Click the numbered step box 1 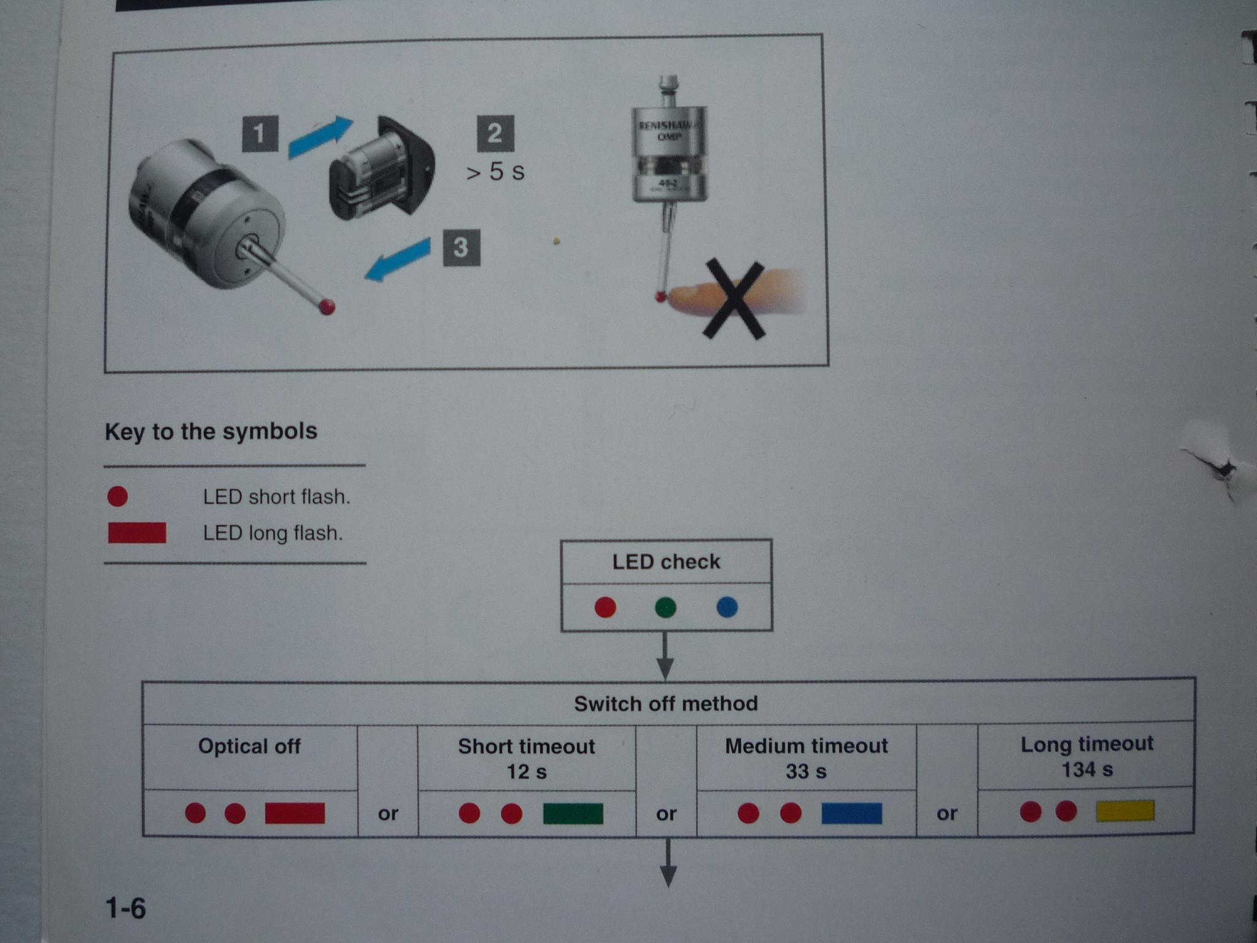[260, 134]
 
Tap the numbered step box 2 [495, 133]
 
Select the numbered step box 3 [461, 247]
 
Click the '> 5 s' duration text [495, 172]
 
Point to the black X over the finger [735, 300]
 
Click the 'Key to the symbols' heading [211, 431]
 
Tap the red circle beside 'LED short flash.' [117, 496]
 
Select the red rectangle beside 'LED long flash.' [137, 532]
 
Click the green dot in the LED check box [665, 607]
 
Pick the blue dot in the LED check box [727, 607]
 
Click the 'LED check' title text [666, 562]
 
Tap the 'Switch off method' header [666, 704]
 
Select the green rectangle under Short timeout [573, 813]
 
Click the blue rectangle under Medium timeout [851, 813]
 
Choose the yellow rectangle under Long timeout [1125, 811]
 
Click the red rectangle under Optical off [295, 813]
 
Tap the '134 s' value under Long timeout [1087, 769]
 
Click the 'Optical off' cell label [249, 747]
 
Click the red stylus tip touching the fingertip [660, 297]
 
